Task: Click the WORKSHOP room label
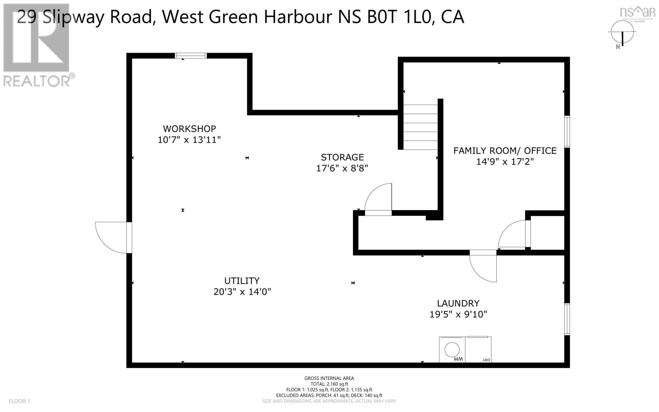189,129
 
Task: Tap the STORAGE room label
342,157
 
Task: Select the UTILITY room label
242,281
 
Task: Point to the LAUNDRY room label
458,303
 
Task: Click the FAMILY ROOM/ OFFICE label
505,151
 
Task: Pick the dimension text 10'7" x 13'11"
189,140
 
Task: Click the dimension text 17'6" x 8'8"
342,168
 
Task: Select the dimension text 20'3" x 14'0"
242,292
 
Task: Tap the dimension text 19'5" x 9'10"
458,314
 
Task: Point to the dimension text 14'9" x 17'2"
505,162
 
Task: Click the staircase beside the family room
420,127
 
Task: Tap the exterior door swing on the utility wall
112,237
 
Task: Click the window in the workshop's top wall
190,56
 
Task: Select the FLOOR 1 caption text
19,401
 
